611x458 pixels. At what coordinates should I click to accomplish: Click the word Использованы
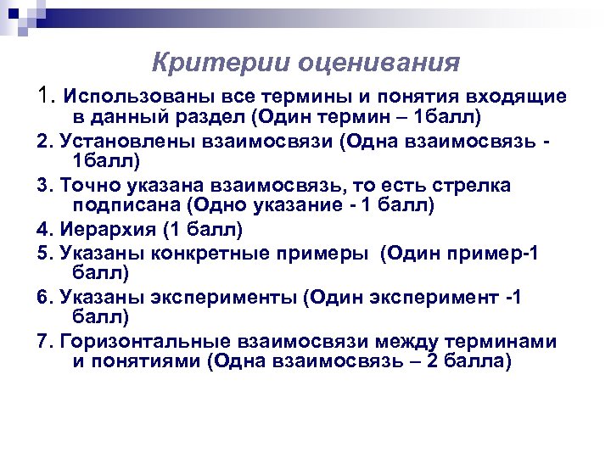tap(128, 95)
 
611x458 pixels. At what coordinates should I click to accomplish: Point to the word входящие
tap(522, 95)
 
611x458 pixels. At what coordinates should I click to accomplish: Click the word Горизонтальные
tap(144, 340)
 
